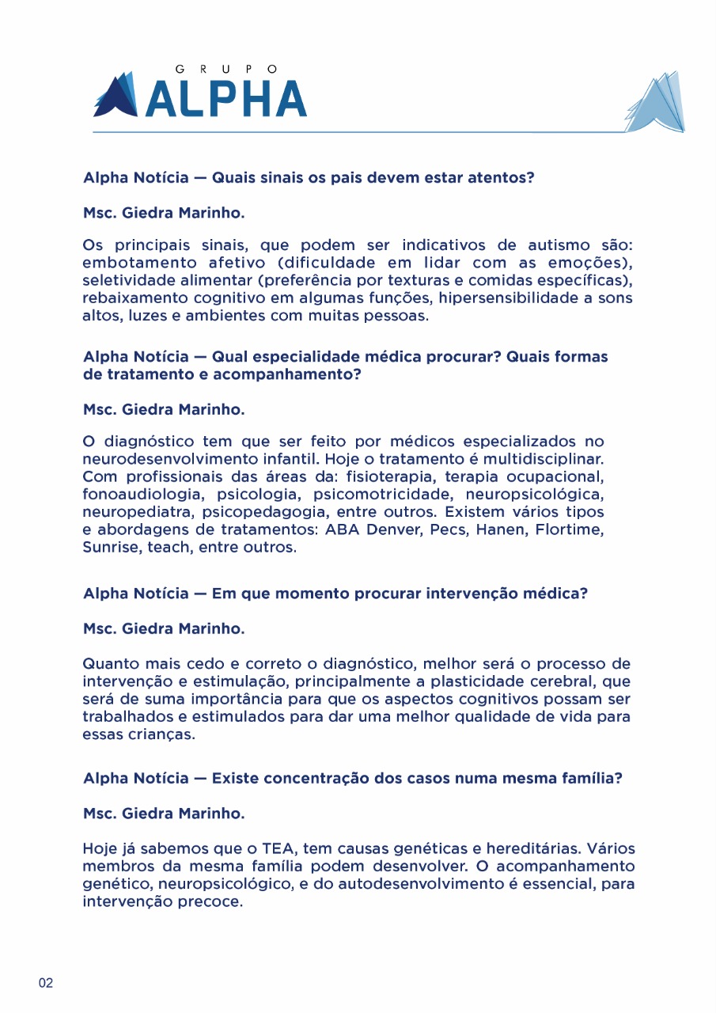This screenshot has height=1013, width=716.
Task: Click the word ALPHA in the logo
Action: (x=226, y=98)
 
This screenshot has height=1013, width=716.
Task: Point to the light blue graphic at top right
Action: (x=656, y=103)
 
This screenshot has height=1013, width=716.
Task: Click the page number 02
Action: (x=46, y=984)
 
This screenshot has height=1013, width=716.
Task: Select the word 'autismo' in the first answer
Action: (x=547, y=245)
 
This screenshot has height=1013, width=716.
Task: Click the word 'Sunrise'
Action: (x=111, y=548)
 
